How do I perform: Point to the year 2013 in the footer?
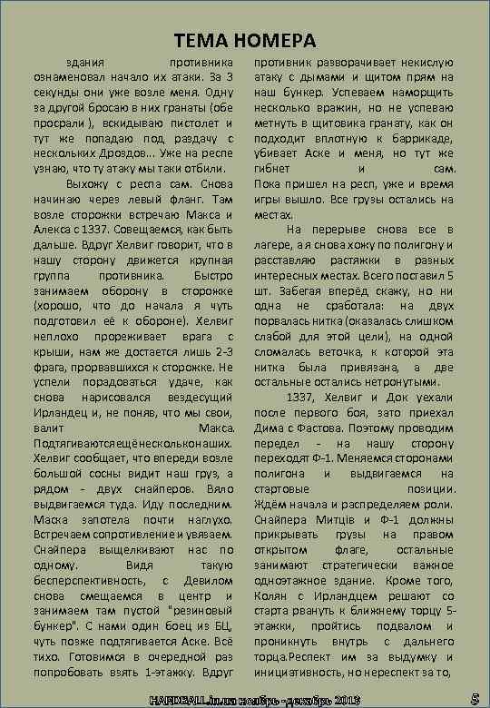347,698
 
